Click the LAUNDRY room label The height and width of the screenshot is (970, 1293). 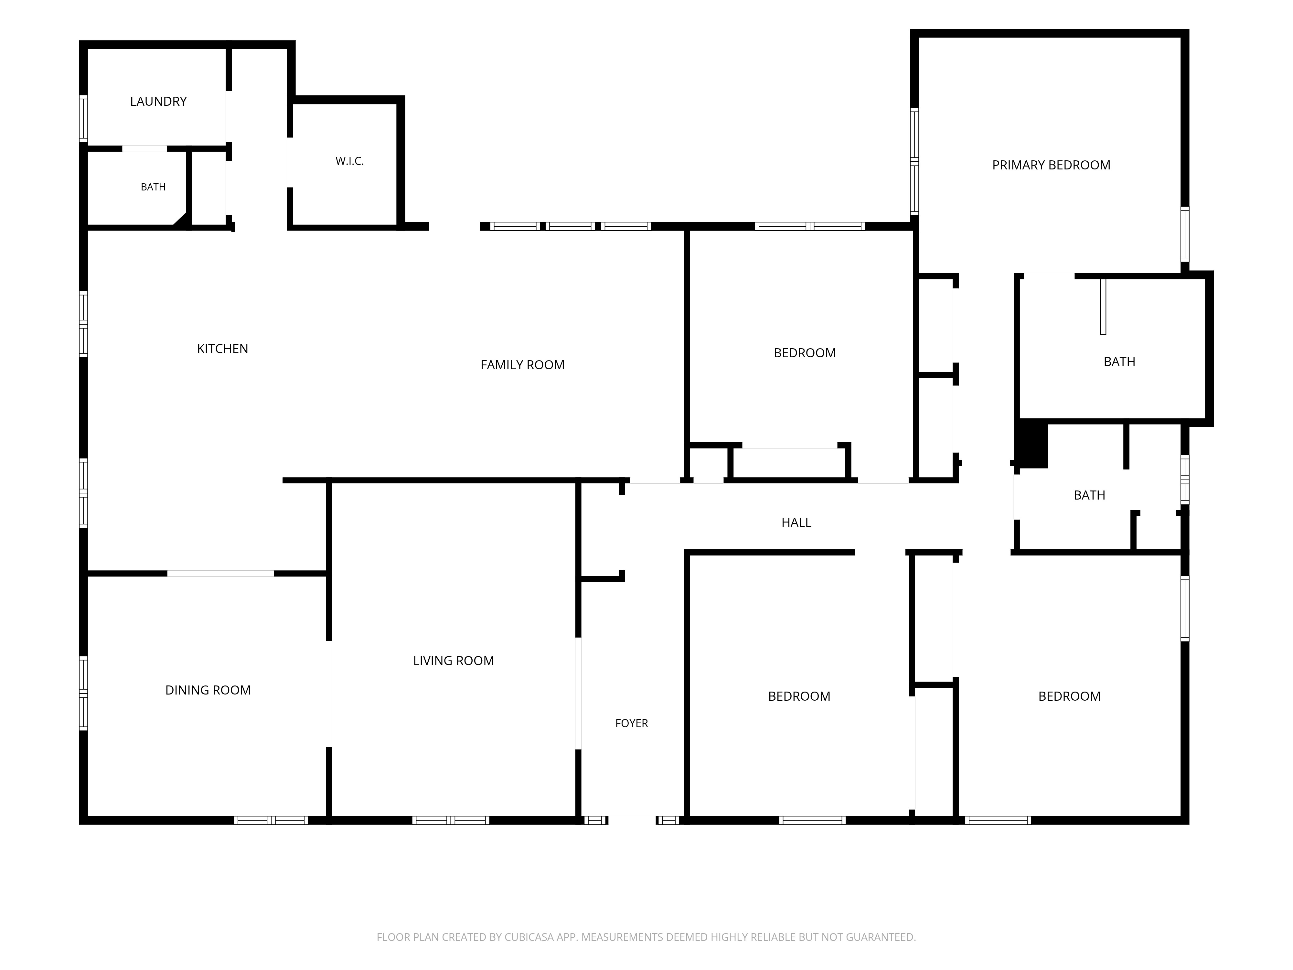(158, 102)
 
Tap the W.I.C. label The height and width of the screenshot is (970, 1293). (349, 161)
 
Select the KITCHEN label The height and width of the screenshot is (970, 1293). (223, 349)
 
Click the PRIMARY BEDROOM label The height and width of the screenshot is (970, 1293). (1051, 166)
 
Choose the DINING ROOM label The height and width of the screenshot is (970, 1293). (208, 691)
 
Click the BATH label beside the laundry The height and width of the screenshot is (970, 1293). (153, 187)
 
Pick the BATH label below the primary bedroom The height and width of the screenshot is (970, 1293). (1119, 362)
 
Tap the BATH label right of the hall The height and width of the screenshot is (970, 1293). (1090, 495)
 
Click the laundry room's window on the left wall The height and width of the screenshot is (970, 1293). (84, 119)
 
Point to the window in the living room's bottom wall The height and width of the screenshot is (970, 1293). (451, 820)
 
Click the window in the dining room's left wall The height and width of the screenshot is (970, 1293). (84, 694)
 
